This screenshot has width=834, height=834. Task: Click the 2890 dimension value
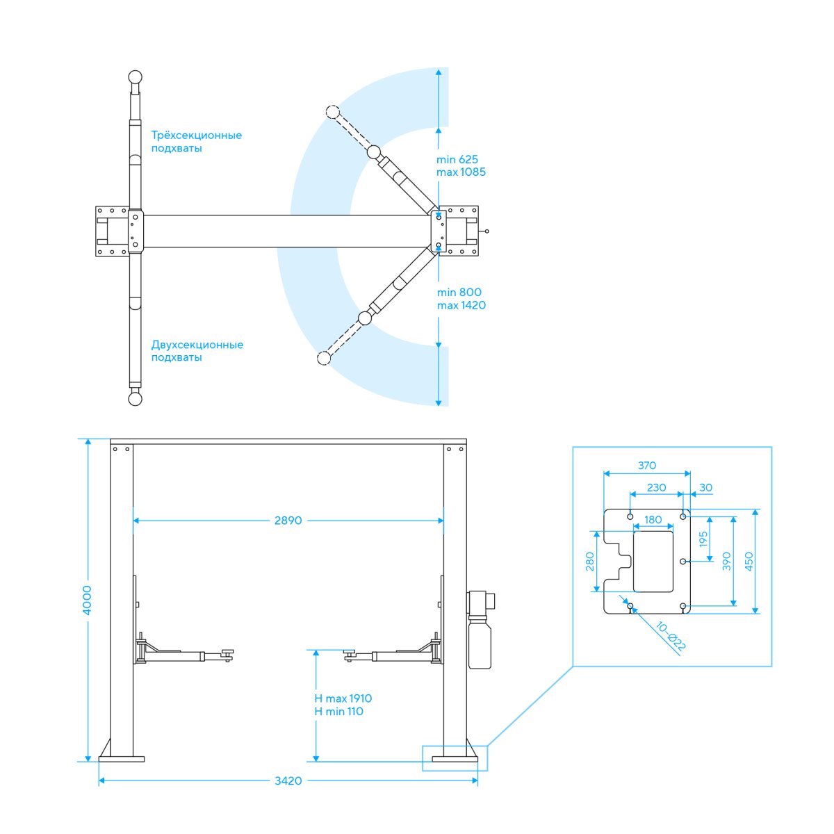pyautogui.click(x=288, y=521)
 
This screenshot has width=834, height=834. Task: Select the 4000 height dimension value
pyautogui.click(x=88, y=600)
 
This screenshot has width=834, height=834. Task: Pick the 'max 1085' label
pyautogui.click(x=461, y=172)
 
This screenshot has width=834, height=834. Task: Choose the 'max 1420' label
pyautogui.click(x=461, y=306)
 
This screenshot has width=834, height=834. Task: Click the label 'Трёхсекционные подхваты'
pyautogui.click(x=197, y=142)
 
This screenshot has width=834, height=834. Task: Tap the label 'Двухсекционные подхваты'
pyautogui.click(x=197, y=351)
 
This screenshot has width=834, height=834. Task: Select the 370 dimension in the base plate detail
pyautogui.click(x=646, y=466)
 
